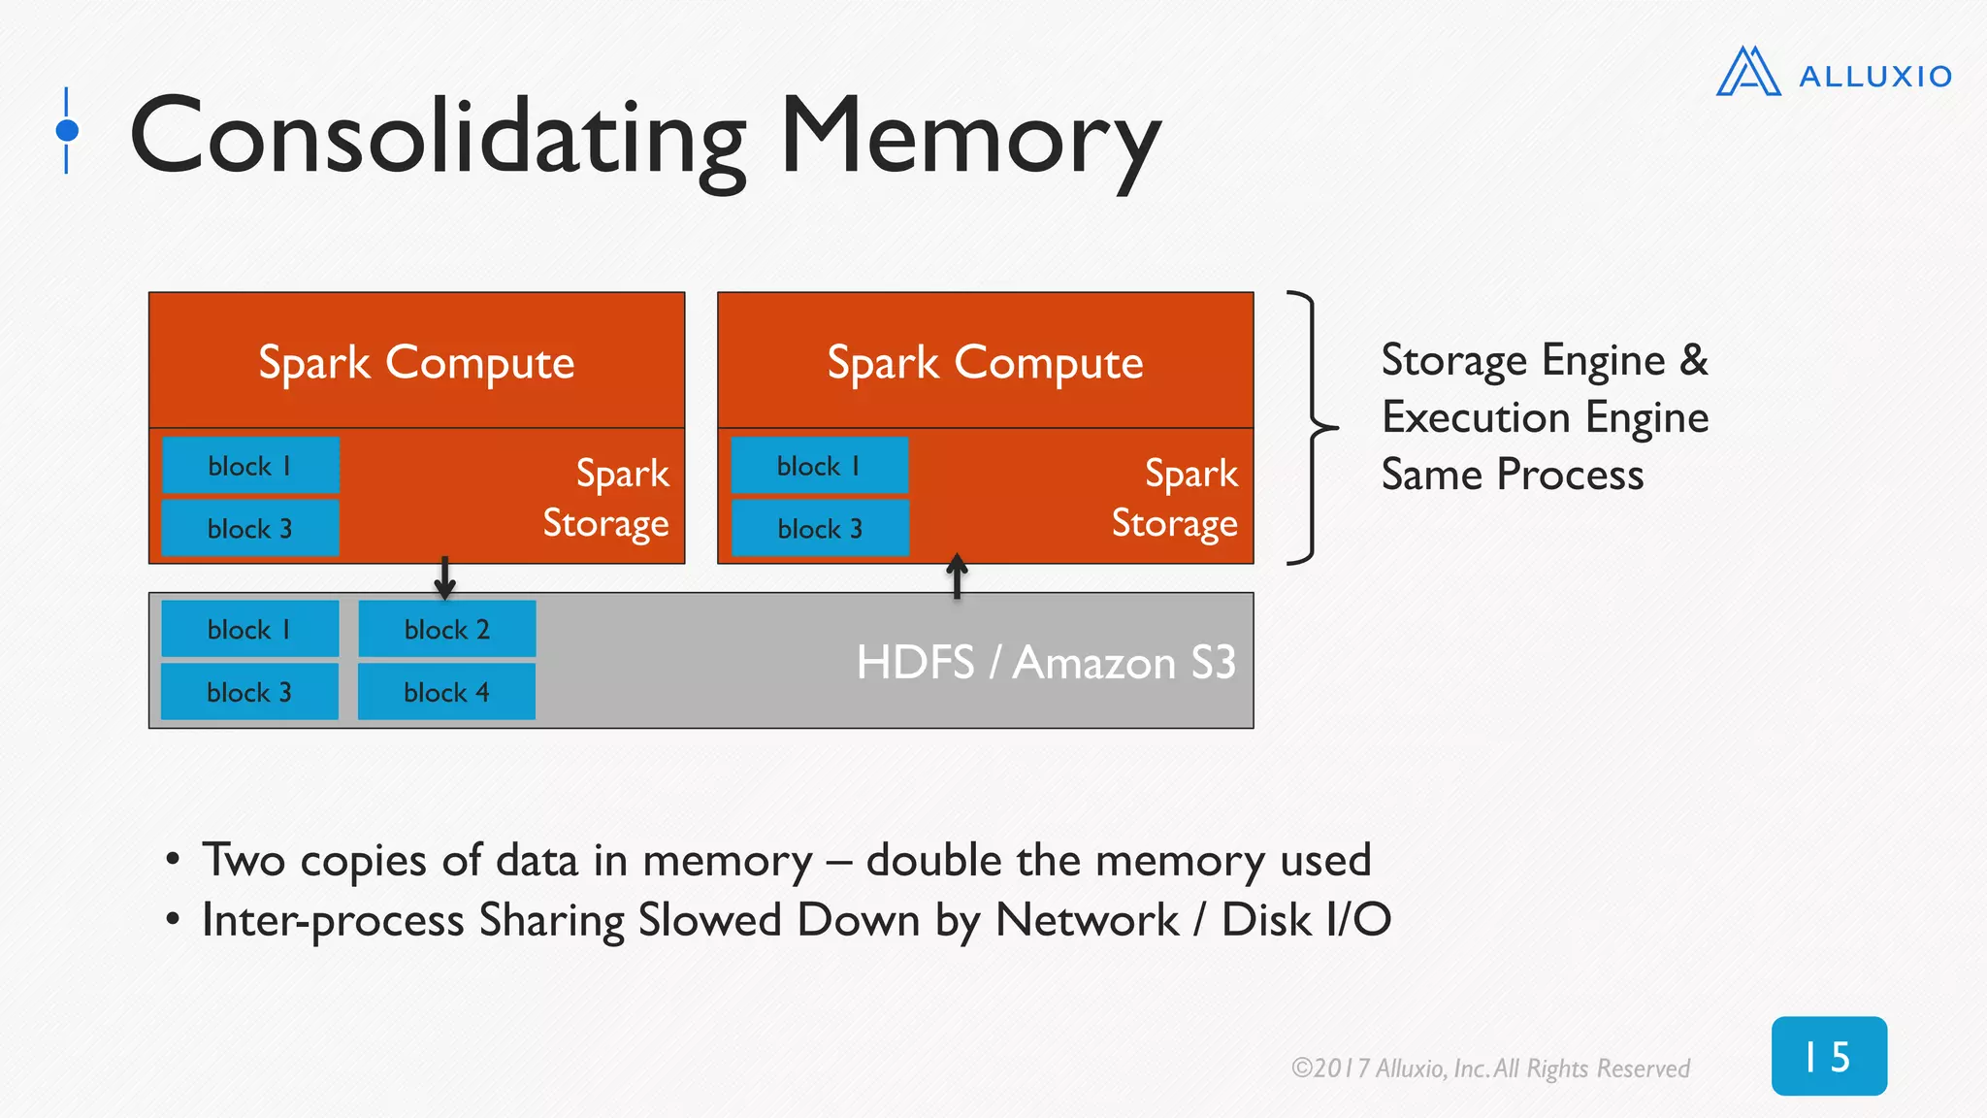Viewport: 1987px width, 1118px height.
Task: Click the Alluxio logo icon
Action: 1748,72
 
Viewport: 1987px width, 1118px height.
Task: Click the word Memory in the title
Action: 969,137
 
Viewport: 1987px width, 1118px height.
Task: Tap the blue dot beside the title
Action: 67,130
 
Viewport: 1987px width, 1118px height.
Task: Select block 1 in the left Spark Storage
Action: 250,466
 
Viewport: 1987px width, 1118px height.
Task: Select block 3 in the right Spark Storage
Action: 820,528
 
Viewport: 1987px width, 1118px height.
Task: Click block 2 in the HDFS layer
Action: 447,629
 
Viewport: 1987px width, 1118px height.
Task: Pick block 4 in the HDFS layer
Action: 446,692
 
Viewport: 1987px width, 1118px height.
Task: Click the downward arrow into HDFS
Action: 444,578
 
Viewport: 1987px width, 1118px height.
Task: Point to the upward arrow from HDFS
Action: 957,575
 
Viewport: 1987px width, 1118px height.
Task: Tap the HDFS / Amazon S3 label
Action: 1045,663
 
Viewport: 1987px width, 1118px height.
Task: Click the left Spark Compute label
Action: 416,363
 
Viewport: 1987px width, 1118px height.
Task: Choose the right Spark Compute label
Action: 985,363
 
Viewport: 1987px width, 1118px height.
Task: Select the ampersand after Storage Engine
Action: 1694,360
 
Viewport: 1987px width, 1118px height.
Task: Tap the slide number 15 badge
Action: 1829,1056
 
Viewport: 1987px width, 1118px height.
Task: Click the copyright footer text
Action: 1490,1069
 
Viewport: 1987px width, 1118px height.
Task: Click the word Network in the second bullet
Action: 1087,920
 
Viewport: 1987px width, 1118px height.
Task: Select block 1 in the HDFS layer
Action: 249,629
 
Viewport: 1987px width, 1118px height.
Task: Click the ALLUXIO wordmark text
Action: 1874,77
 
